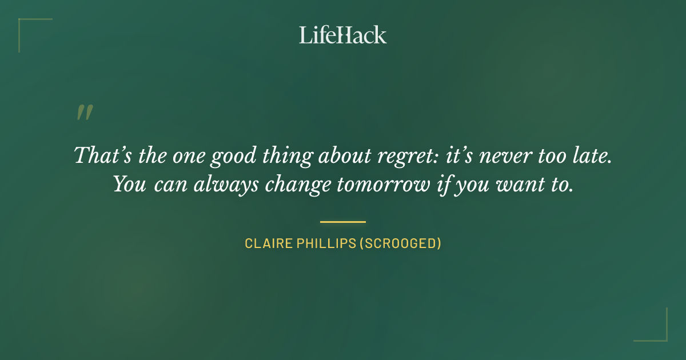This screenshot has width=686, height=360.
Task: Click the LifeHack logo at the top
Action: pos(342,35)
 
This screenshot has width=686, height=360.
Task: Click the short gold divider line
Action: pos(342,222)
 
